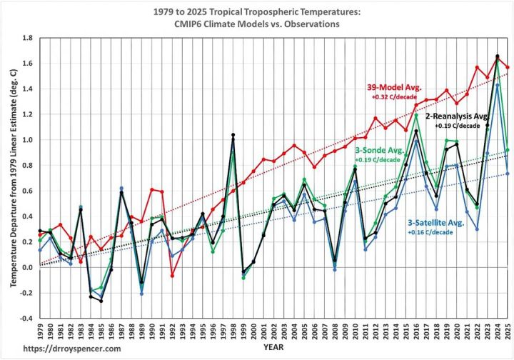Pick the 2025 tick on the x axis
[508, 331]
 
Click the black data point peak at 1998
[233, 135]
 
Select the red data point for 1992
[172, 275]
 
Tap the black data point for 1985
[101, 301]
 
